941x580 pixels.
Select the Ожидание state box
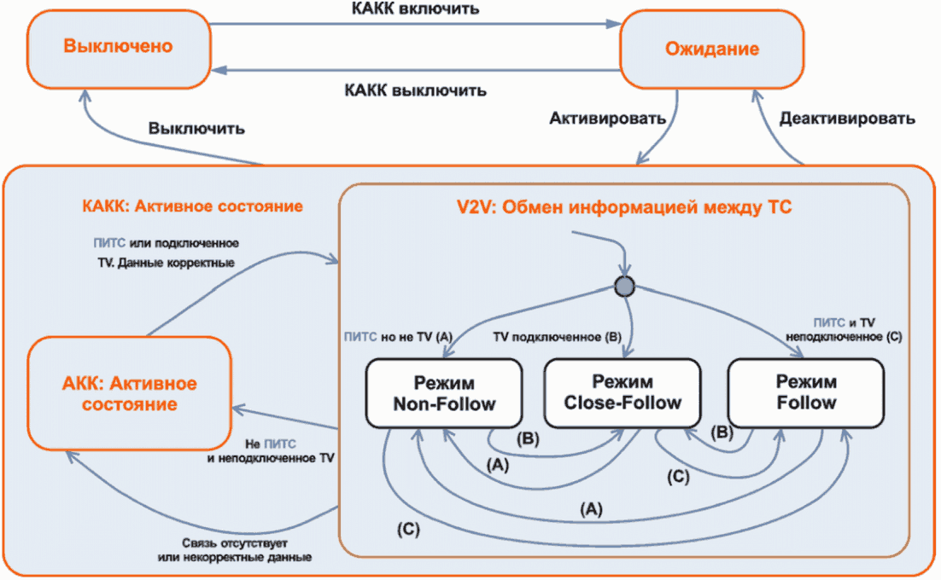coord(711,49)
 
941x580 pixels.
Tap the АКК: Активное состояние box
coord(130,393)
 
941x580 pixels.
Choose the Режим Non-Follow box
coord(444,393)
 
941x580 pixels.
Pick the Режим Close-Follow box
coord(622,393)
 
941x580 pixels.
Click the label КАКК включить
coord(415,10)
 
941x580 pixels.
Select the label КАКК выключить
coord(415,90)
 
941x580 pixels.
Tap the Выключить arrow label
coord(196,130)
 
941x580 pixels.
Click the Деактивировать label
coord(847,119)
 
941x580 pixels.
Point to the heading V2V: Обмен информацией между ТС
coord(622,206)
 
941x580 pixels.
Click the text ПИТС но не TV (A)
coord(397,337)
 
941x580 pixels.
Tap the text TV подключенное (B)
coord(558,337)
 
